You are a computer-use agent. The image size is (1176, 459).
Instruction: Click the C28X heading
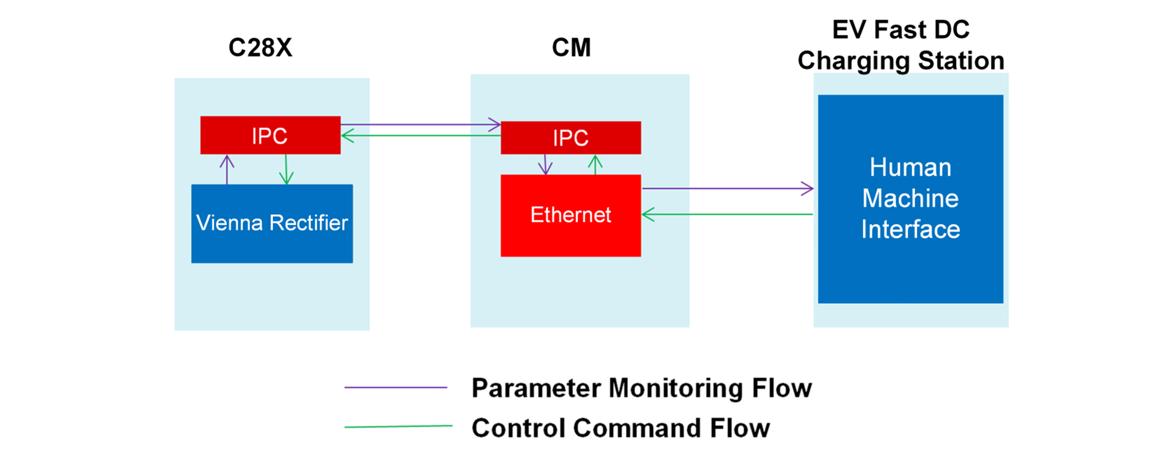(260, 48)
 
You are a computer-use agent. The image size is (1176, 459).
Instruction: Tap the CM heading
(571, 48)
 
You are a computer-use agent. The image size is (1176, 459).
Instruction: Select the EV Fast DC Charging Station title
(900, 45)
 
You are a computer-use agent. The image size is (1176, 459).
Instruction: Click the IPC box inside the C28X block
(270, 135)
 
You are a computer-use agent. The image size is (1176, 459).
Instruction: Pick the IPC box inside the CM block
(570, 138)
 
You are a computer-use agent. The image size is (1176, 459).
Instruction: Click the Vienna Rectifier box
(272, 223)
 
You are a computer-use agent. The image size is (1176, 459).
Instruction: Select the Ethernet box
(570, 215)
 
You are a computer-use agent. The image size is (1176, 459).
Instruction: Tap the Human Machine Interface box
(910, 198)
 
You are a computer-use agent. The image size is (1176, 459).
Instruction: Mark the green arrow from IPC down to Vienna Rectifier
(286, 170)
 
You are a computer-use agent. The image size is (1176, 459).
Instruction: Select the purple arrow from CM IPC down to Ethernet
(545, 164)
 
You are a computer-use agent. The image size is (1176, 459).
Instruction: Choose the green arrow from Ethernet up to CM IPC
(595, 165)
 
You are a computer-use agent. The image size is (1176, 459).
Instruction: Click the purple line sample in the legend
(396, 387)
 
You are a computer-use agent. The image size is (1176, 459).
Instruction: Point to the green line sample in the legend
(398, 427)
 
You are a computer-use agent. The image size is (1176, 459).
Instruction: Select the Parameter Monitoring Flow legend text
(641, 388)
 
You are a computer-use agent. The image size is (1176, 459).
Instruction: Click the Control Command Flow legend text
(620, 428)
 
